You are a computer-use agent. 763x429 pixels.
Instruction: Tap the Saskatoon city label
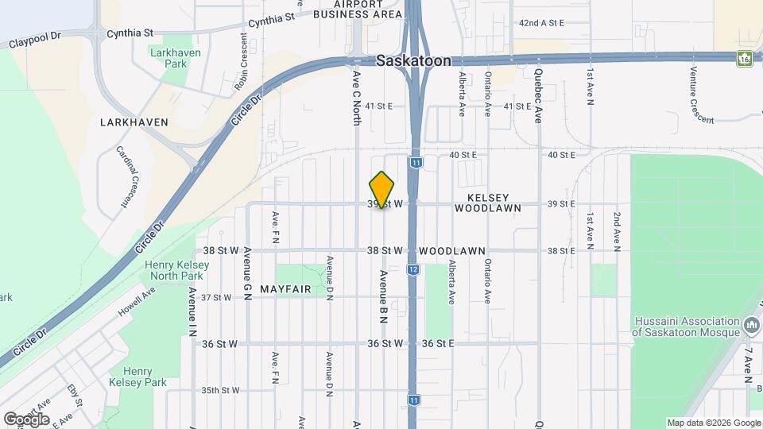[413, 61]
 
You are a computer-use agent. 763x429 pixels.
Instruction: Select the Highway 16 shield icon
[745, 59]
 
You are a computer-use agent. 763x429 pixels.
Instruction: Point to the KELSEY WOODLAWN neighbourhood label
[488, 203]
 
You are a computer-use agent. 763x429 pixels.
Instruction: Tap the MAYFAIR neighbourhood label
[285, 290]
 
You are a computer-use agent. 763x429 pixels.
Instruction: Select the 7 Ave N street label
[748, 365]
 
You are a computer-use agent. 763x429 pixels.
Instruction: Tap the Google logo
[26, 419]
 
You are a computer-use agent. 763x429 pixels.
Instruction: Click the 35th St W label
[220, 391]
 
